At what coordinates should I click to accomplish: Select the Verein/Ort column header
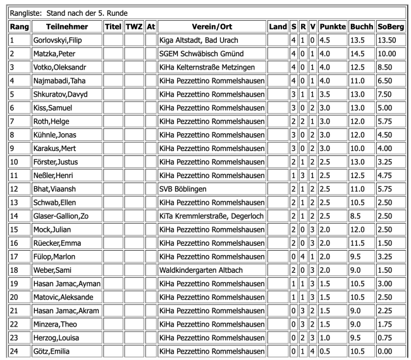coord(211,27)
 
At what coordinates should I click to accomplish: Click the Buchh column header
coord(359,27)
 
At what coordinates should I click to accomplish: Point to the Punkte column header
coord(331,27)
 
